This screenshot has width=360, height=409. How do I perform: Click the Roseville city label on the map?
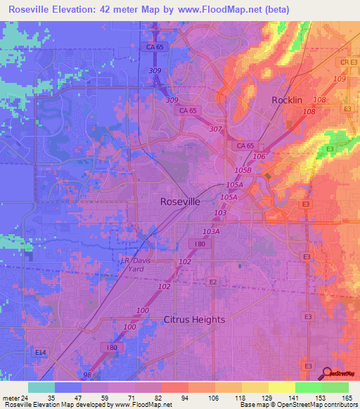tap(180, 201)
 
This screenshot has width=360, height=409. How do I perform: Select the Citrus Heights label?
tap(194, 319)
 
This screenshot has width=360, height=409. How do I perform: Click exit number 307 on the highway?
tap(215, 129)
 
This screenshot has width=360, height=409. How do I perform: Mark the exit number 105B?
tap(243, 170)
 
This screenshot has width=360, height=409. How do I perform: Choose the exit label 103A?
tap(211, 231)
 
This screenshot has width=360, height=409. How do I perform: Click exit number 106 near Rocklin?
tap(259, 156)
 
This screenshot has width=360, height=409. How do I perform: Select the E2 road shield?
tap(213, 281)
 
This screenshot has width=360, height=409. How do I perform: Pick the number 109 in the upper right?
tap(340, 78)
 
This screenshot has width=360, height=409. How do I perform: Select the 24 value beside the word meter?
tap(26, 398)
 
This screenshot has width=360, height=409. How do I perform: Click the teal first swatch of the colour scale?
tap(41, 387)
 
